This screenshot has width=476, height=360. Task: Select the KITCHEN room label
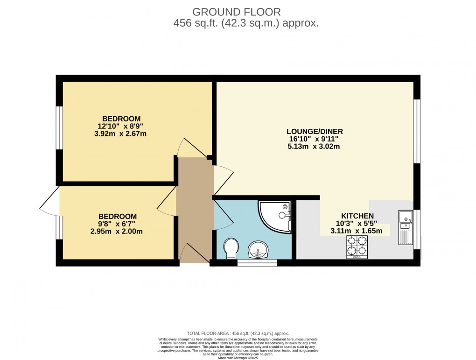click(x=357, y=216)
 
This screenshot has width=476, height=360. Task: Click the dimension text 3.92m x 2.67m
click(x=121, y=134)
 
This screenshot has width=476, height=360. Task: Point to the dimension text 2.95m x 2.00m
click(x=117, y=231)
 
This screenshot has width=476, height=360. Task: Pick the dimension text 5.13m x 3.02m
click(x=313, y=146)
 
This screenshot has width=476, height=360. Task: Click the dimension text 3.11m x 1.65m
click(x=357, y=231)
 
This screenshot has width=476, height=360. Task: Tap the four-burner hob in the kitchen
click(x=357, y=247)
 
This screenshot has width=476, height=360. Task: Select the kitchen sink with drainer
click(x=405, y=227)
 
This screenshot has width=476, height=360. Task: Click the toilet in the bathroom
click(x=231, y=248)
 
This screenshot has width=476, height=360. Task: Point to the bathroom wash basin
click(x=257, y=250)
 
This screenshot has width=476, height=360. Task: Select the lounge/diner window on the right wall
click(x=417, y=131)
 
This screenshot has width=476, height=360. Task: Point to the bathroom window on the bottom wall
click(x=257, y=263)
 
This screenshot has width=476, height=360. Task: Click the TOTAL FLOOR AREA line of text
click(x=238, y=333)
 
